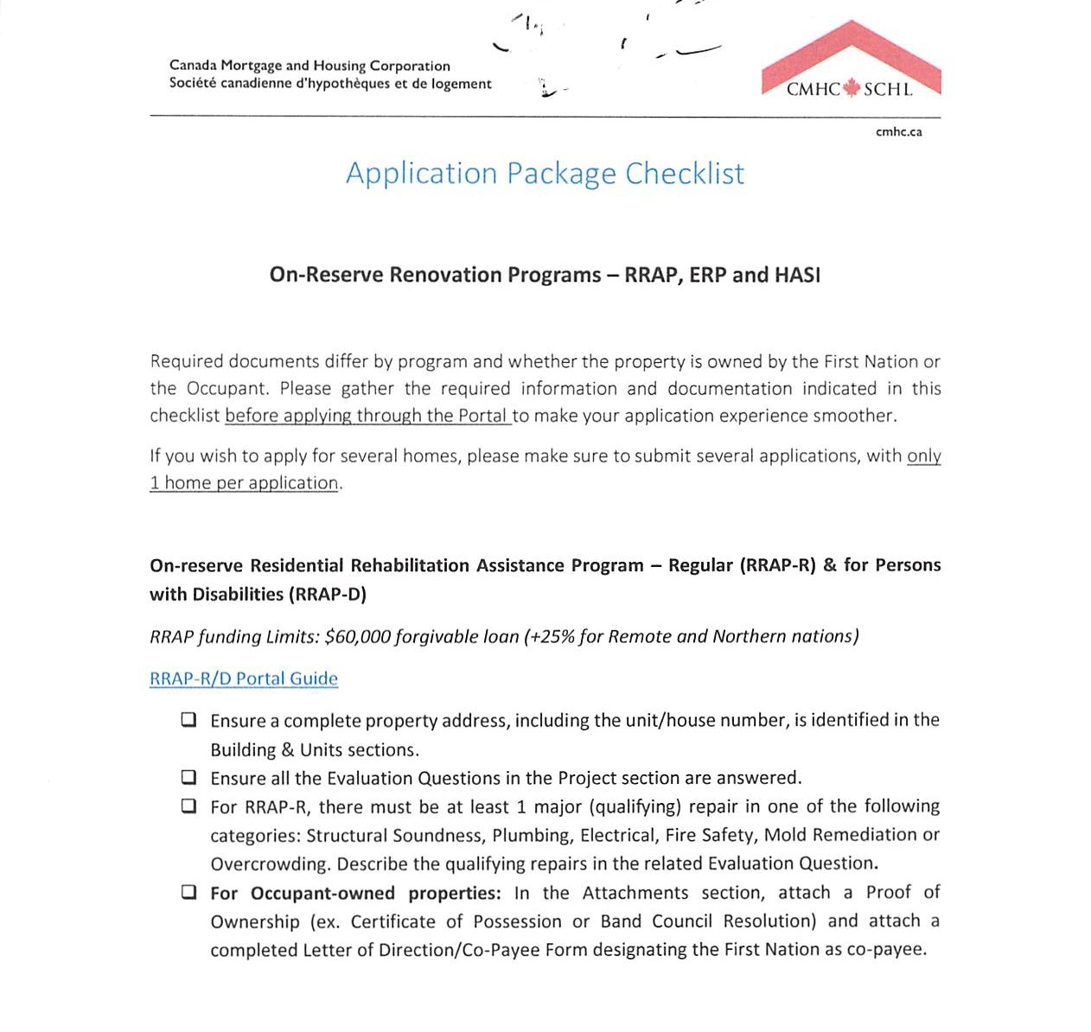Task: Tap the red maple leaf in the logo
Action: click(852, 88)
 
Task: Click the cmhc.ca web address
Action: click(898, 132)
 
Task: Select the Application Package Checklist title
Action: click(545, 174)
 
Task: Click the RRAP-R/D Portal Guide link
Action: click(244, 678)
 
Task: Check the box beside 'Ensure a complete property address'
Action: click(188, 720)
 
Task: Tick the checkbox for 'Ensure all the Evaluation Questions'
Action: click(188, 778)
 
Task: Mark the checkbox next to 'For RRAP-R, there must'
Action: click(188, 806)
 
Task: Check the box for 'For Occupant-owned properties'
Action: click(188, 893)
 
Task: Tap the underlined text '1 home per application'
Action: click(243, 483)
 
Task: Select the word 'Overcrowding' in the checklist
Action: click(270, 864)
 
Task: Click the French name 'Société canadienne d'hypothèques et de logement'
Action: click(330, 84)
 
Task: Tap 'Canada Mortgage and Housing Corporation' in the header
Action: click(309, 66)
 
